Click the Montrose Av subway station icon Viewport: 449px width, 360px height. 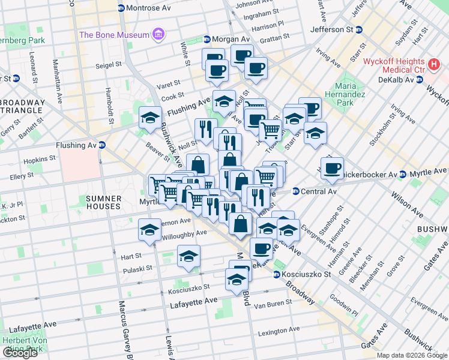[121, 8]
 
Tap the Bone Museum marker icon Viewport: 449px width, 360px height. [158, 34]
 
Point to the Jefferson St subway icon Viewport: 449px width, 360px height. [305, 29]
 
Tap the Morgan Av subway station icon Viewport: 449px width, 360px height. [206, 40]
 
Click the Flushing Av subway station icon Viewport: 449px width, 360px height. [103, 145]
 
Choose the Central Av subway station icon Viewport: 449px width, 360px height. [295, 192]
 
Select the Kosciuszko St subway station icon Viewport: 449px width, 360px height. [277, 275]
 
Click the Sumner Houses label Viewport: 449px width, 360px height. [103, 202]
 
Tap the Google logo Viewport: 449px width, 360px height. [20, 353]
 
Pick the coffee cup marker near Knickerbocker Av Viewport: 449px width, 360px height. [331, 168]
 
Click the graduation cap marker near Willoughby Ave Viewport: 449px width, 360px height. [149, 229]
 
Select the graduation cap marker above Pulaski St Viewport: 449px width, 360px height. [188, 256]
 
